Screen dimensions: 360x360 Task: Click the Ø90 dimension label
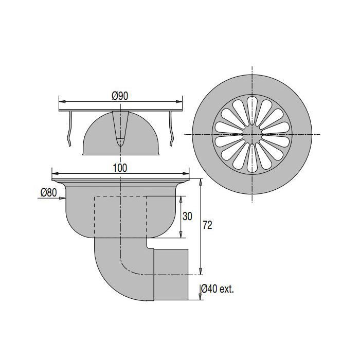(120, 96)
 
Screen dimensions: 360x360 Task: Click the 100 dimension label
(120, 168)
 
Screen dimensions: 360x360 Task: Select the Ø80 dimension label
(49, 192)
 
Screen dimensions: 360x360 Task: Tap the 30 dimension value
(187, 217)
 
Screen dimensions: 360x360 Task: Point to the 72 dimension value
(207, 225)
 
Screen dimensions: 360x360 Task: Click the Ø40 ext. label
(218, 289)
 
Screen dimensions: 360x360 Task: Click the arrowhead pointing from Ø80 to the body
(62, 198)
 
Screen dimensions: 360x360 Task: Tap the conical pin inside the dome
(120, 129)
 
